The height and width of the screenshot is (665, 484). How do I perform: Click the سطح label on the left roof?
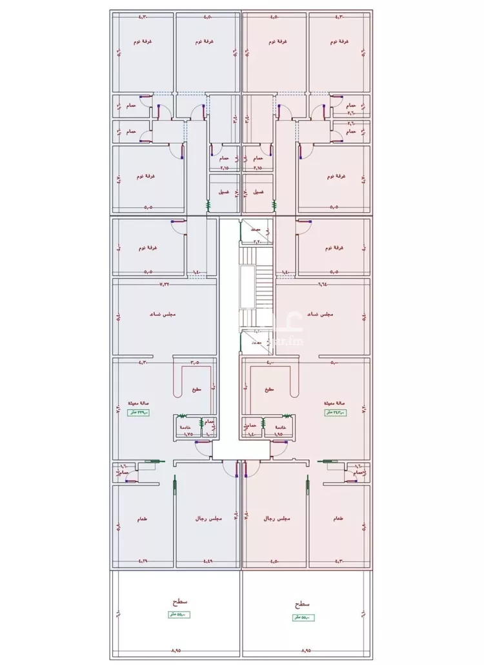click(x=176, y=602)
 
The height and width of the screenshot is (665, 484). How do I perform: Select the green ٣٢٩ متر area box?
click(x=137, y=413)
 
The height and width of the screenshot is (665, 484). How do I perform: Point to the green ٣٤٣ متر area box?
click(x=336, y=413)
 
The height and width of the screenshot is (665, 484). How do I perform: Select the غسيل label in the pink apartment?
click(x=257, y=192)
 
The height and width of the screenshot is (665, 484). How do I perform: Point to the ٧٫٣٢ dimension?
click(x=166, y=283)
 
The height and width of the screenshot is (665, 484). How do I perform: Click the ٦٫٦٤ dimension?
click(x=322, y=283)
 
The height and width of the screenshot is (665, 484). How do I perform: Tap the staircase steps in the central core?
click(x=262, y=284)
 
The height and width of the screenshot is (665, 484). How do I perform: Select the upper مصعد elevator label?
click(x=256, y=229)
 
